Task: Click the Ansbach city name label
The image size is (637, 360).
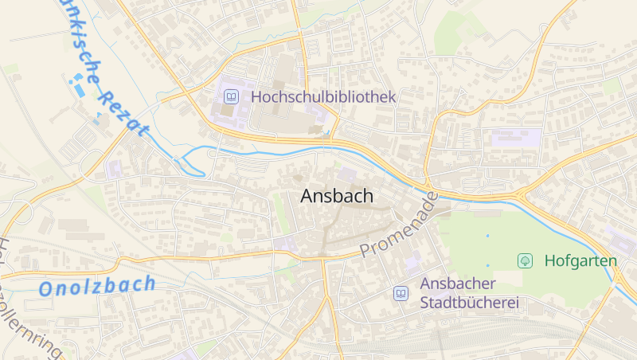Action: coord(337,197)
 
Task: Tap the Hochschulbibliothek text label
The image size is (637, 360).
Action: coord(323,97)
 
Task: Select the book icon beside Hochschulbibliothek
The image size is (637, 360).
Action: coord(231,97)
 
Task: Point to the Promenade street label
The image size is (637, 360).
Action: coord(399,225)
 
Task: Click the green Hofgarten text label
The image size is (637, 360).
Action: coord(580,260)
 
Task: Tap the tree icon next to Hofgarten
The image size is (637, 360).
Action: coord(525,260)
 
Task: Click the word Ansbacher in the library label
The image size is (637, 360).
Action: coord(458,284)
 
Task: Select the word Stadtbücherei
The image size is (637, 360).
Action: coord(469,303)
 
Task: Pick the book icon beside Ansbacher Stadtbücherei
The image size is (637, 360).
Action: coord(401,294)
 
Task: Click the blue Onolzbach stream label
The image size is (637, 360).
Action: coord(97,286)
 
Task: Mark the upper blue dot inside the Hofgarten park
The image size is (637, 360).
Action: coord(487,236)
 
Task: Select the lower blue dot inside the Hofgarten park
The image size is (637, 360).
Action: coord(487,265)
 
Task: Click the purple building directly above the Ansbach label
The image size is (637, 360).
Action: coord(347,174)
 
